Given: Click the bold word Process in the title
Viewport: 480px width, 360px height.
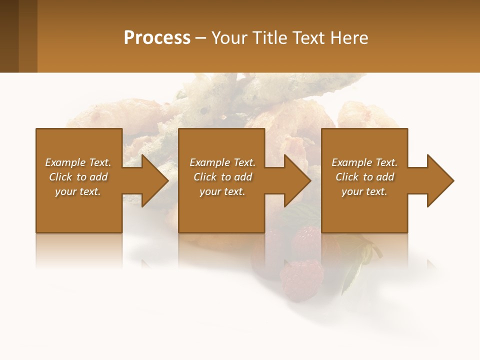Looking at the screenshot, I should point(157,38).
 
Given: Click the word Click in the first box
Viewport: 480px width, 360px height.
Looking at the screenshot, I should point(60,177).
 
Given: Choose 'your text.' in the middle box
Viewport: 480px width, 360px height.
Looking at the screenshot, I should point(222,191).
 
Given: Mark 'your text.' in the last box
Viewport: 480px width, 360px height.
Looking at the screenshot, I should point(364,191).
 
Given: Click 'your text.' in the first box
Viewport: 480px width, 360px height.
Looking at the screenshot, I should point(78,191).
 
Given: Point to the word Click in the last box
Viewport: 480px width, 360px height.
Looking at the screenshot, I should point(347,177).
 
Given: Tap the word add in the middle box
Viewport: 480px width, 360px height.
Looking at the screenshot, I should point(243,177).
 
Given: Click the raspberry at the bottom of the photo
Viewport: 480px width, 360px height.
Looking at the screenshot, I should point(302,280).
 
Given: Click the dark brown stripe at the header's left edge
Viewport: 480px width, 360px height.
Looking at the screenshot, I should point(9,36).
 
